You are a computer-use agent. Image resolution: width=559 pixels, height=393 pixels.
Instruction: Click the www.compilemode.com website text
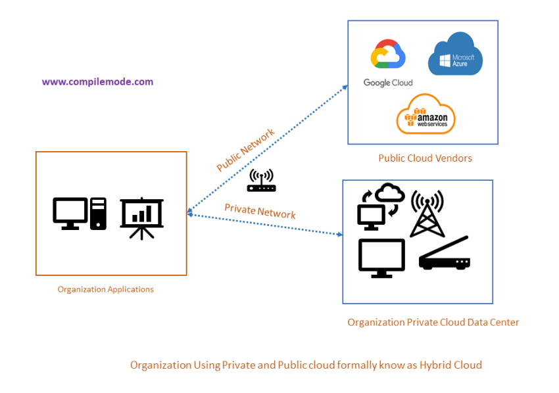pos(97,82)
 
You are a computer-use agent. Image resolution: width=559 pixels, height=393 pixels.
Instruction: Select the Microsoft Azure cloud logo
pos(455,57)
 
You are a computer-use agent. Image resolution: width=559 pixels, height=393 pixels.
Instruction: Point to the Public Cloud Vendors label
pos(425,158)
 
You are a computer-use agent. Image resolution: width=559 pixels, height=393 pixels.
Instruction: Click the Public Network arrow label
pos(245,150)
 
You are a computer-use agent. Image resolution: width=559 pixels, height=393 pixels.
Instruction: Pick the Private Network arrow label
pos(260,211)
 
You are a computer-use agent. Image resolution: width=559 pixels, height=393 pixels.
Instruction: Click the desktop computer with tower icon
pos(80,214)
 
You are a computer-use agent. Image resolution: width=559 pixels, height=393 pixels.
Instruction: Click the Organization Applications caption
pos(105,289)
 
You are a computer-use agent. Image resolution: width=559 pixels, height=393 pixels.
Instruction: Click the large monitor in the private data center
pos(381,257)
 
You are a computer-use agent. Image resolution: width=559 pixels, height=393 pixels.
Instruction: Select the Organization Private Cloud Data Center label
pos(433,322)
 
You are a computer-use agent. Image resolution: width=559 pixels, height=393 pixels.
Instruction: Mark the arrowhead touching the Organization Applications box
pos(190,213)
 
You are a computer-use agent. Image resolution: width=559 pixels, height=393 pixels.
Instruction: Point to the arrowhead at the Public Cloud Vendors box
pos(345,87)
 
